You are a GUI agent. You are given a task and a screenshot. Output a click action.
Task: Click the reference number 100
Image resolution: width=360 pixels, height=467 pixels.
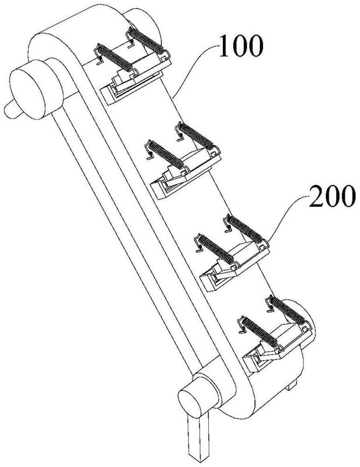pyautogui.click(x=241, y=46)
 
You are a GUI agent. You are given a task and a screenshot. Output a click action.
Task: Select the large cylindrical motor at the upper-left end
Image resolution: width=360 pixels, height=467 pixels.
pyautogui.click(x=36, y=89)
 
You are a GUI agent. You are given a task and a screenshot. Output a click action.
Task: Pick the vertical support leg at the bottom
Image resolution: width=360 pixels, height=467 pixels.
pyautogui.click(x=198, y=435)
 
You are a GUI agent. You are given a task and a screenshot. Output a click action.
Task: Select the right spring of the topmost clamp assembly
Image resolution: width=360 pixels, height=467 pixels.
pyautogui.click(x=146, y=40)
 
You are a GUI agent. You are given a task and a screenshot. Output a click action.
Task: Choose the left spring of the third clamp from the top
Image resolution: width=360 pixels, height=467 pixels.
pyautogui.click(x=216, y=249)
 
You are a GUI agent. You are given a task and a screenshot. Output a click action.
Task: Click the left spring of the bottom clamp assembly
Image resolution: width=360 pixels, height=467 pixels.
pyautogui.click(x=260, y=332)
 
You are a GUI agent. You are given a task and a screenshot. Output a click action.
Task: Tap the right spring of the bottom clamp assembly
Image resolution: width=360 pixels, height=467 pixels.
pyautogui.click(x=287, y=311)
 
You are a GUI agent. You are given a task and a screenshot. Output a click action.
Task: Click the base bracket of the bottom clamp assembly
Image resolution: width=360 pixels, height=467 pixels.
pyautogui.click(x=278, y=348)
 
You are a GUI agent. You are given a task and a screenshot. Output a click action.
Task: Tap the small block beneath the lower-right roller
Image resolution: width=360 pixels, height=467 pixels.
pyautogui.click(x=292, y=386)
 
